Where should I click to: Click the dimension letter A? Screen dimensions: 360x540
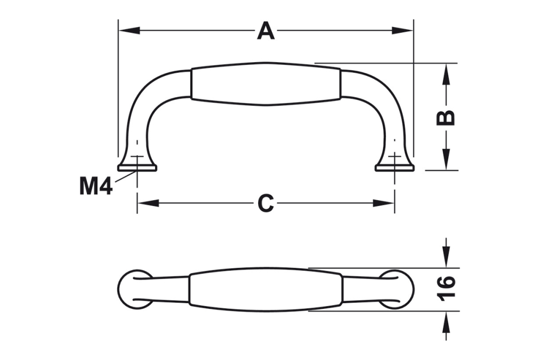pyautogui.click(x=266, y=30)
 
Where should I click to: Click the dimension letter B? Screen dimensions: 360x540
pyautogui.click(x=446, y=117)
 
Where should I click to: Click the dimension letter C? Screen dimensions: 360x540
pyautogui.click(x=266, y=203)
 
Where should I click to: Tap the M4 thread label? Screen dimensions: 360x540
pyautogui.click(x=96, y=186)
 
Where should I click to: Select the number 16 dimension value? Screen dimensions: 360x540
pyautogui.click(x=446, y=289)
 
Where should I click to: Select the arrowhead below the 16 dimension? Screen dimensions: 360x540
pyautogui.click(x=446, y=322)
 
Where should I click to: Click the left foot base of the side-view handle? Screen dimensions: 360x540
pyautogui.click(x=137, y=167)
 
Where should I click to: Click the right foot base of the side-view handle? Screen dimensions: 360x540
pyautogui.click(x=395, y=167)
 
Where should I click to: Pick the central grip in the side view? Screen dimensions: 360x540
pyautogui.click(x=266, y=84)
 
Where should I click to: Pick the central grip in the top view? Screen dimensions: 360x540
pyautogui.click(x=266, y=289)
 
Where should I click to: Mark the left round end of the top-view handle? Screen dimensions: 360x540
pyautogui.click(x=131, y=289)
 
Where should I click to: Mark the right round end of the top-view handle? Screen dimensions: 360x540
pyautogui.click(x=400, y=289)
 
